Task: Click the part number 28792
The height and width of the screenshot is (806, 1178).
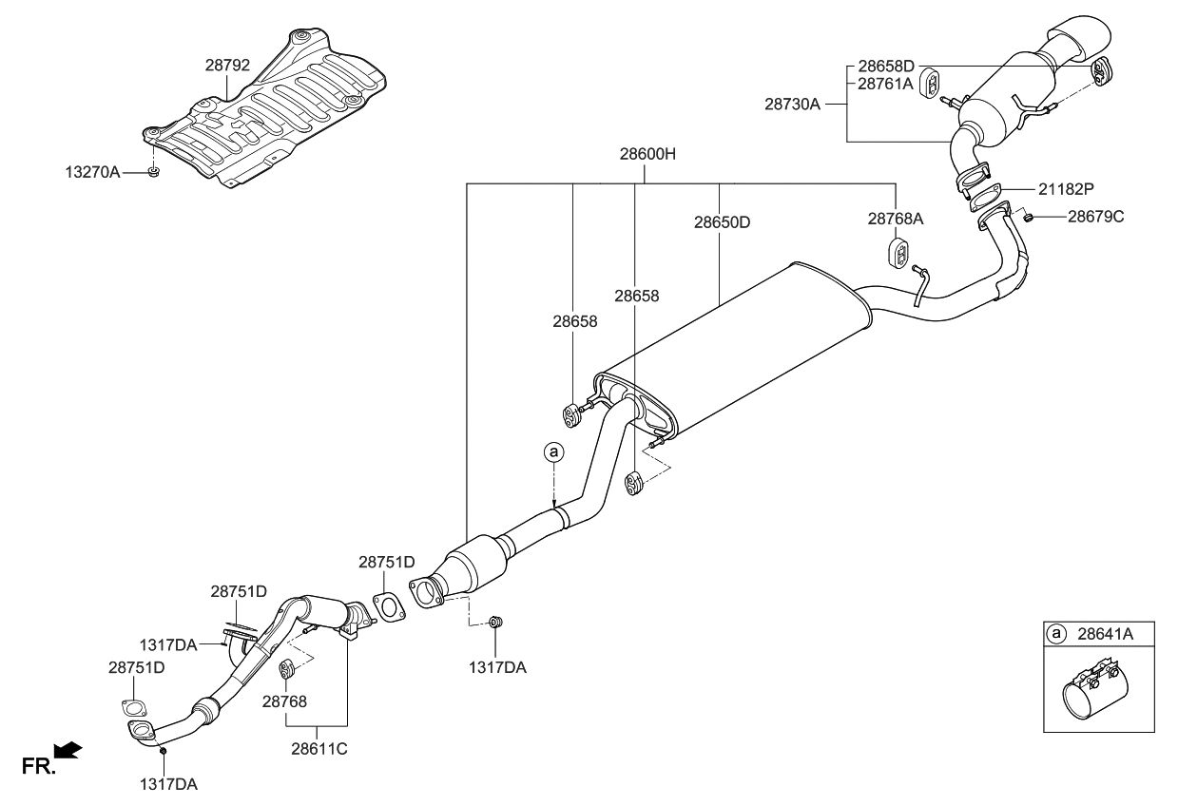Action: pos(227,67)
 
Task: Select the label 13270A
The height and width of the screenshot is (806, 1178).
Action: pos(93,173)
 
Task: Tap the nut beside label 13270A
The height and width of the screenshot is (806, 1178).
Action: pos(154,172)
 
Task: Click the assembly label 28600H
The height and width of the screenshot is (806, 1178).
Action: pos(647,153)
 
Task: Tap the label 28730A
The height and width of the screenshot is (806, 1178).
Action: pos(792,103)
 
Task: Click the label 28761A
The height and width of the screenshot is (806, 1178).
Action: pos(885,84)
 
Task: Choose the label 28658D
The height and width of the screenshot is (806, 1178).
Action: pos(885,67)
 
